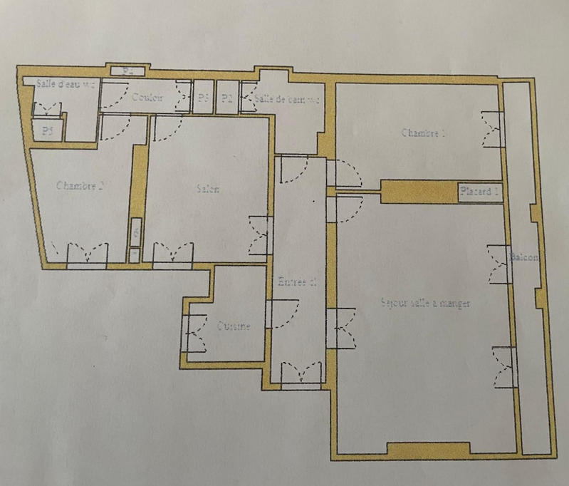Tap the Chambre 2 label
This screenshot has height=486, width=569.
pyautogui.click(x=80, y=185)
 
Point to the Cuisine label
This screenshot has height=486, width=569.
pyautogui.click(x=234, y=326)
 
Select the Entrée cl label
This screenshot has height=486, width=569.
pyautogui.click(x=295, y=282)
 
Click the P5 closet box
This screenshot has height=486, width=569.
pyautogui.click(x=48, y=130)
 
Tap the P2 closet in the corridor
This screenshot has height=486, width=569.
pyautogui.click(x=227, y=98)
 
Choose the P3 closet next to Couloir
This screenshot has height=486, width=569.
pyautogui.click(x=204, y=98)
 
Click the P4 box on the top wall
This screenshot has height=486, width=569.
pyautogui.click(x=128, y=71)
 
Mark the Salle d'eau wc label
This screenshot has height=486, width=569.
pyautogui.click(x=66, y=83)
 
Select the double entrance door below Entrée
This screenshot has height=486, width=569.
pyautogui.click(x=303, y=373)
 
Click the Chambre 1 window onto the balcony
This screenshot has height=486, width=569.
pyautogui.click(x=493, y=129)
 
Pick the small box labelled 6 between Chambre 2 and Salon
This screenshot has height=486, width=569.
pyautogui.click(x=135, y=232)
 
